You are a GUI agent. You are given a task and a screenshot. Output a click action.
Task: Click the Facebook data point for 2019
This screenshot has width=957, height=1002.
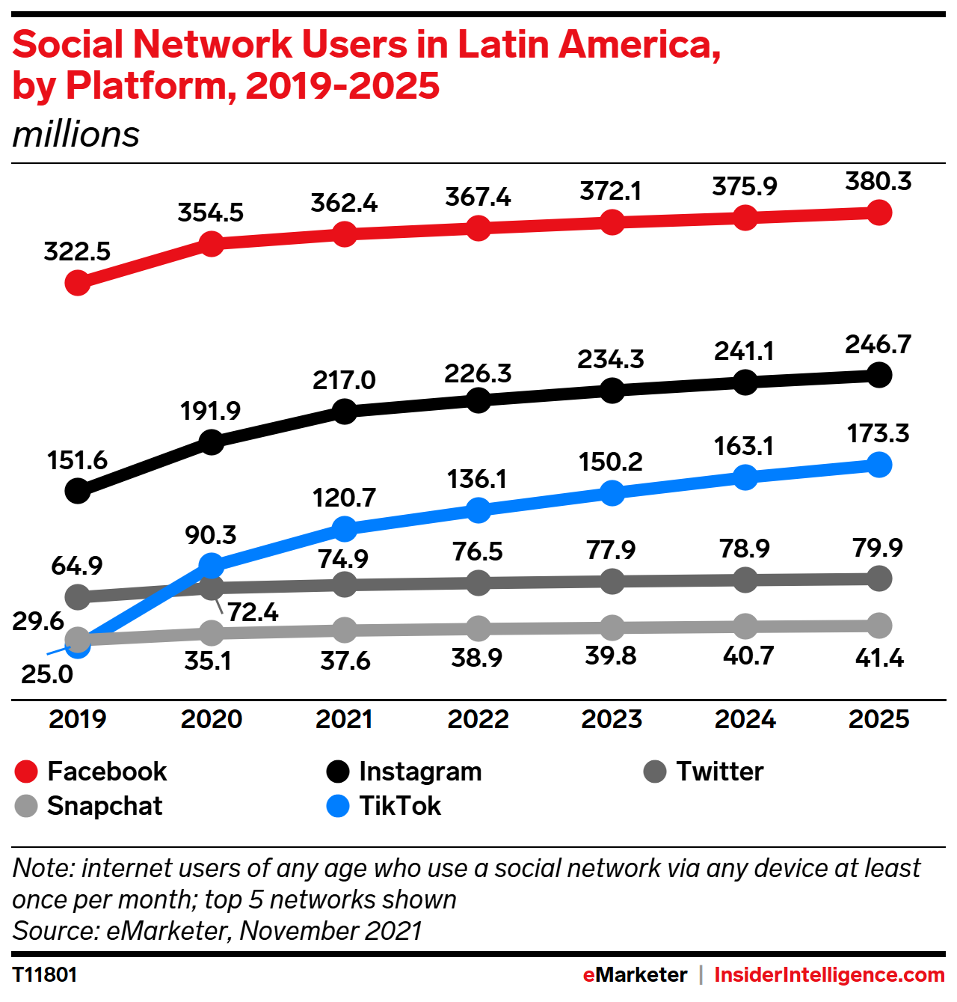[x=78, y=283]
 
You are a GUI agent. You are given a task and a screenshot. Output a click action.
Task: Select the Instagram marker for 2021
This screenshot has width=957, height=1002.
[x=345, y=411]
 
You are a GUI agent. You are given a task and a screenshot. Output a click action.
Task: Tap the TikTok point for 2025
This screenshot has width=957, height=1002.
[x=879, y=465]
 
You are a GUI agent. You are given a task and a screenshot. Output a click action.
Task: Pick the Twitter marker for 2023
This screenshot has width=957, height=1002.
[x=612, y=581]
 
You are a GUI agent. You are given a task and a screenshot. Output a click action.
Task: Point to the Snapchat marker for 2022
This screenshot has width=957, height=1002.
[x=478, y=629]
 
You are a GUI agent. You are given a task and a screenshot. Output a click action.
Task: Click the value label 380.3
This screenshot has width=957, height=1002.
[x=878, y=182]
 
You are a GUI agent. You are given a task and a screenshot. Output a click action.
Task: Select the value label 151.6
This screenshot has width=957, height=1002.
[x=77, y=461]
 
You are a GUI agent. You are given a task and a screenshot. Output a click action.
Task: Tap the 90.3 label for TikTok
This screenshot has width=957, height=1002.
[x=211, y=535]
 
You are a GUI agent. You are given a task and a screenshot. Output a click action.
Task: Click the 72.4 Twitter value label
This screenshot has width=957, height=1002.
[x=253, y=613]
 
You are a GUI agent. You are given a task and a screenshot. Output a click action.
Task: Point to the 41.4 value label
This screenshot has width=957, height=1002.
[x=879, y=659]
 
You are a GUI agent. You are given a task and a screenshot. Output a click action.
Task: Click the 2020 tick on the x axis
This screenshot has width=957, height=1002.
[x=212, y=719]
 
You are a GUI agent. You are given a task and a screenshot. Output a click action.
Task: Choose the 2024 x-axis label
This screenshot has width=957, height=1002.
[x=745, y=719]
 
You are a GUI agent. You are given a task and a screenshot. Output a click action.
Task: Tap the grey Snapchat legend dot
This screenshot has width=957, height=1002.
[x=26, y=806]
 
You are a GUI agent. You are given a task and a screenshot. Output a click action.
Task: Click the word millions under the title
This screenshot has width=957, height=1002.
[x=76, y=135]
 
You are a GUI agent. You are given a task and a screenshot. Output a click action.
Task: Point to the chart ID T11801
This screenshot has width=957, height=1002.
[x=45, y=975]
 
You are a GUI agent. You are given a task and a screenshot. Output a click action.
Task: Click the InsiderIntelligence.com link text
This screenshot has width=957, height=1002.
[x=829, y=975]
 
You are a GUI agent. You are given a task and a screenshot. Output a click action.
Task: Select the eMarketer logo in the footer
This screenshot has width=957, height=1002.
[x=635, y=975]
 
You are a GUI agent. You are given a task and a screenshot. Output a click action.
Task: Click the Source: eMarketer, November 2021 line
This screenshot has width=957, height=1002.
[x=217, y=931]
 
